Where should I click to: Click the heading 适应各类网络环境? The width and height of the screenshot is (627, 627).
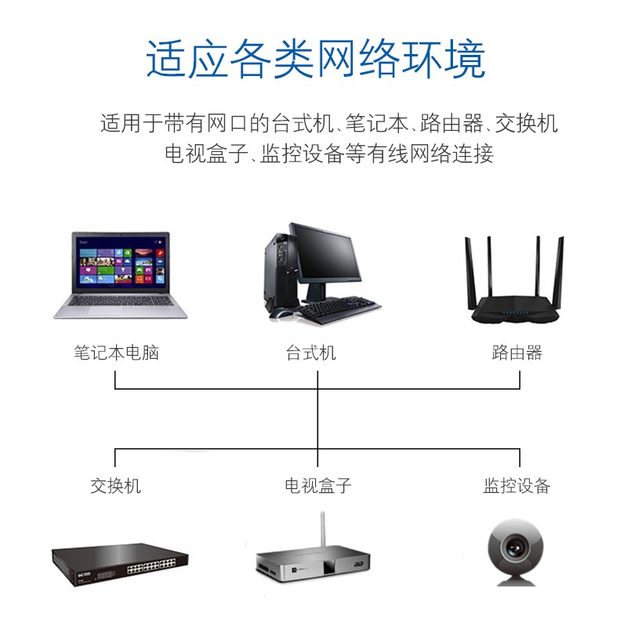(316, 60)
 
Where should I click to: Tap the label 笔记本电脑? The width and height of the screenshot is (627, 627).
(116, 353)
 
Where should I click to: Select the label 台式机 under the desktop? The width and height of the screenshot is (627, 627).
(310, 353)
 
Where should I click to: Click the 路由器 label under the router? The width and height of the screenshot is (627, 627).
(517, 353)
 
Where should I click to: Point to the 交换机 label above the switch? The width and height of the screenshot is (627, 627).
(115, 486)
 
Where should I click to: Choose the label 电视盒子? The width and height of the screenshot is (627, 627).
(318, 486)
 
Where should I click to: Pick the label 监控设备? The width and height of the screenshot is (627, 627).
(516, 486)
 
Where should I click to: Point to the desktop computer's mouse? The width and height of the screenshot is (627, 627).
(280, 314)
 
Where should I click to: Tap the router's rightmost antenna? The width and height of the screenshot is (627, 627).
(558, 273)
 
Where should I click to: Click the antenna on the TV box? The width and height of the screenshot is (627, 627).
(323, 531)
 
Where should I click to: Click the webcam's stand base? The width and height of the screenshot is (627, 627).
(516, 581)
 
